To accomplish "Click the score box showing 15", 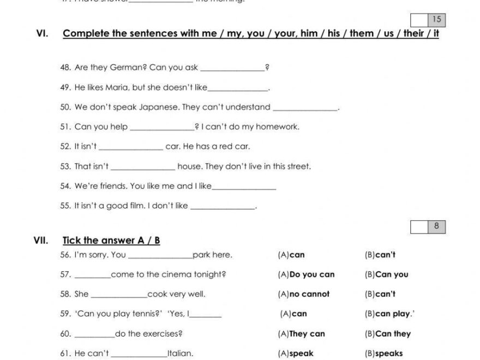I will pyautogui.click(x=436, y=20).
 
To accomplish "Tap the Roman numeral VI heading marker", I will pyautogui.click(x=42, y=33).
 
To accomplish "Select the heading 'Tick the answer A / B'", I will pyautogui.click(x=111, y=241).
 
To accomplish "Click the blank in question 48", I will pyautogui.click(x=232, y=68).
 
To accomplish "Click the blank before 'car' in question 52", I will pyautogui.click(x=131, y=147).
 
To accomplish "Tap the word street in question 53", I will pyautogui.click(x=297, y=166).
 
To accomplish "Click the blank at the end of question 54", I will pyautogui.click(x=244, y=187).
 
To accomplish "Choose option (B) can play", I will pyautogui.click(x=387, y=314).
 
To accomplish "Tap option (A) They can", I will pyautogui.click(x=301, y=334).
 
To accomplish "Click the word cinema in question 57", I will pyautogui.click(x=161, y=274).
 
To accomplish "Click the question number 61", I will pyautogui.click(x=65, y=353).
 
